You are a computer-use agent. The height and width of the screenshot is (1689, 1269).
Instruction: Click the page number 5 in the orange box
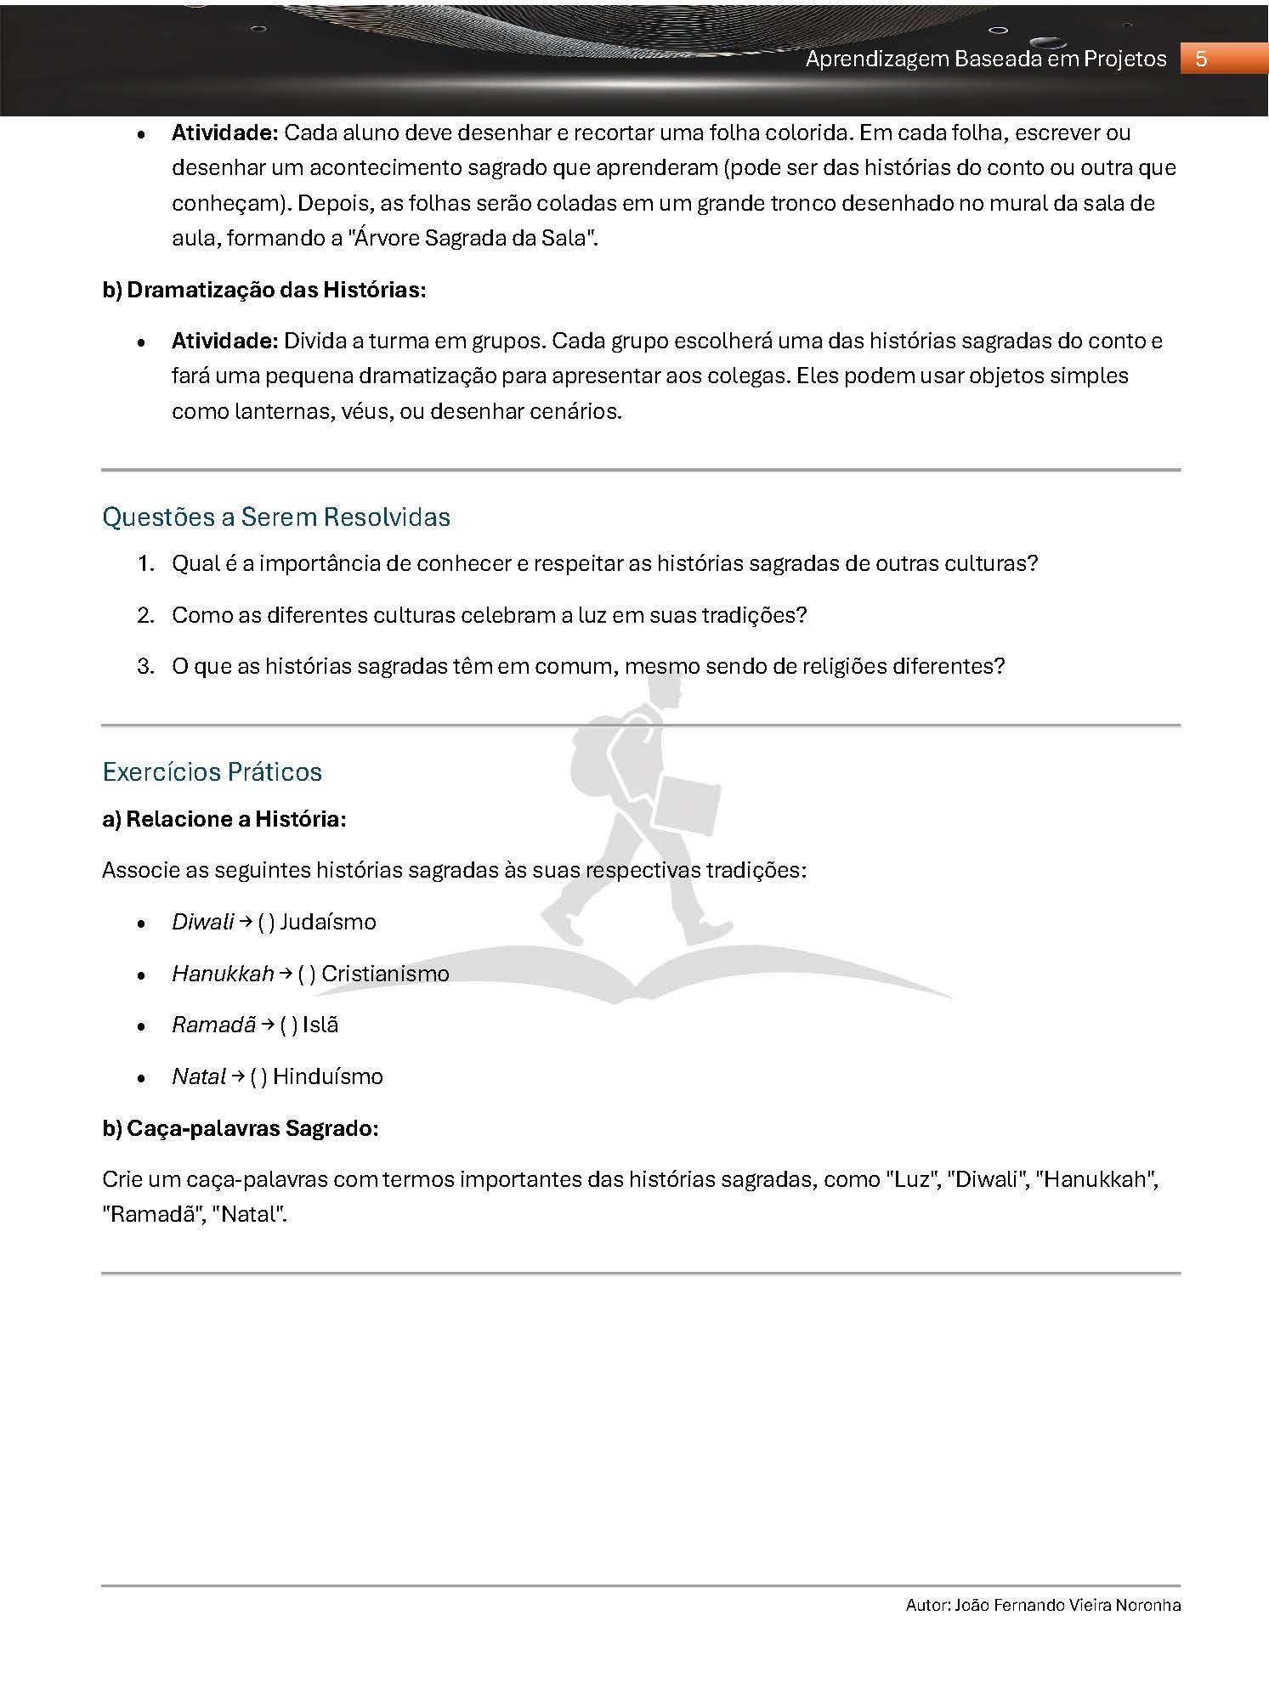coord(1201,59)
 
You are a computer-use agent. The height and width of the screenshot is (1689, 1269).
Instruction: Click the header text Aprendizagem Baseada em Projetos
coord(986,59)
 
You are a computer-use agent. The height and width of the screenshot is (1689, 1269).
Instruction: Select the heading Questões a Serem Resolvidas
coord(276,517)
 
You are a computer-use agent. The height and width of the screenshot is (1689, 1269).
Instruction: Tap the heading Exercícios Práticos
coord(212,771)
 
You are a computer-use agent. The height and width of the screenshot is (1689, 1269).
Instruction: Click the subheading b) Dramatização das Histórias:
coord(264,290)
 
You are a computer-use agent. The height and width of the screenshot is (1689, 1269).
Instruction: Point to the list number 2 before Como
coord(145,615)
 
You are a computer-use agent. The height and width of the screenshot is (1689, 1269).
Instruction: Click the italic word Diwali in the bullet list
coord(202,922)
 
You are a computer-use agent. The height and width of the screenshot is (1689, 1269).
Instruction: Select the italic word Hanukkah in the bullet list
coord(223,974)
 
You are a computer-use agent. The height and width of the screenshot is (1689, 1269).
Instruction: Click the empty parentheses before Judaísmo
coord(266,922)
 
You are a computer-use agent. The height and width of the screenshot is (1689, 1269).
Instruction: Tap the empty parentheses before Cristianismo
coord(307,974)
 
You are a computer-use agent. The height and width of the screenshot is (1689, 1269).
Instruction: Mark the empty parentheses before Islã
coord(289,1025)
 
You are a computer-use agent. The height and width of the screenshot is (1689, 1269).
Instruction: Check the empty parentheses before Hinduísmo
coord(259,1076)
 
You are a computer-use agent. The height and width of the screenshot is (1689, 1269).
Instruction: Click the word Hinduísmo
coord(328,1076)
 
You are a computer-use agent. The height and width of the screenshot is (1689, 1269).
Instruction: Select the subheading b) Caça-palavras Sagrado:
coord(241,1128)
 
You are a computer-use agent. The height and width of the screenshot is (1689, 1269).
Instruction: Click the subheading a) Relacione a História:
coord(224,819)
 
